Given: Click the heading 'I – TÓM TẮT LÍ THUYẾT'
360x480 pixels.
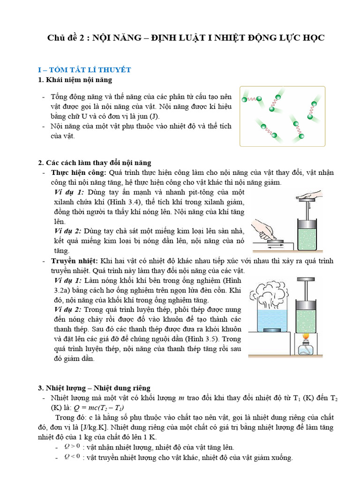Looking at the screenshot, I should (x=84, y=70).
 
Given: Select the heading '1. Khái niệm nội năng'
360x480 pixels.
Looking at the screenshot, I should (x=76, y=80).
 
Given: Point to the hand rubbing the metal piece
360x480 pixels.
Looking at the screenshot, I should (x=264, y=229).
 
